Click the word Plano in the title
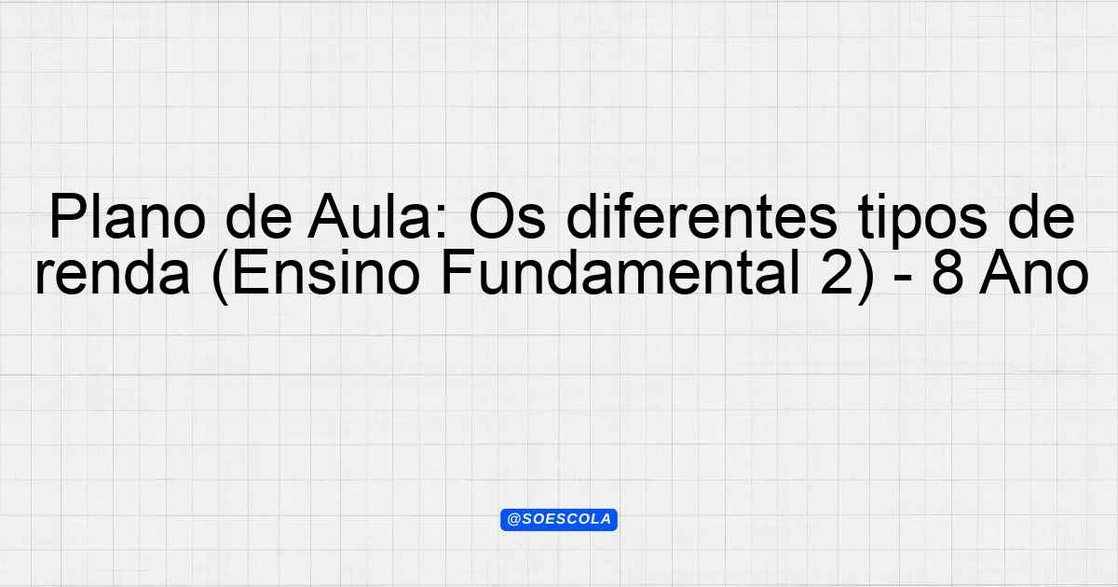128,218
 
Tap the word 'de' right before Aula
259,218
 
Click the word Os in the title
507,218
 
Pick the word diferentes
702,218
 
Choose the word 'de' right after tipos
1040,218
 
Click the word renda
113,274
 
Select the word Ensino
326,274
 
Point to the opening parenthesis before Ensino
220,277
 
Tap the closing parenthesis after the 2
866,277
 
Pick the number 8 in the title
948,274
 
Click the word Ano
1033,274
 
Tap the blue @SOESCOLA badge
559,520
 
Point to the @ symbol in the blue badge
514,520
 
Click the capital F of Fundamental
457,274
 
